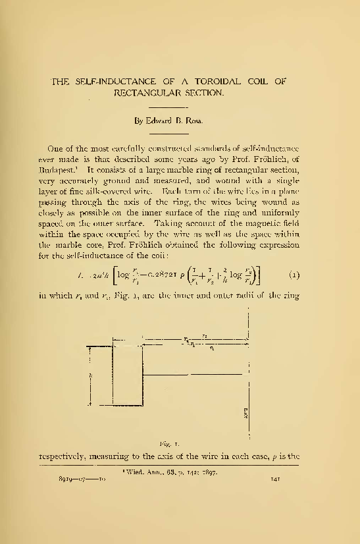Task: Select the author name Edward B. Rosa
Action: click(x=171, y=121)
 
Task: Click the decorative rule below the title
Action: click(x=170, y=107)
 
